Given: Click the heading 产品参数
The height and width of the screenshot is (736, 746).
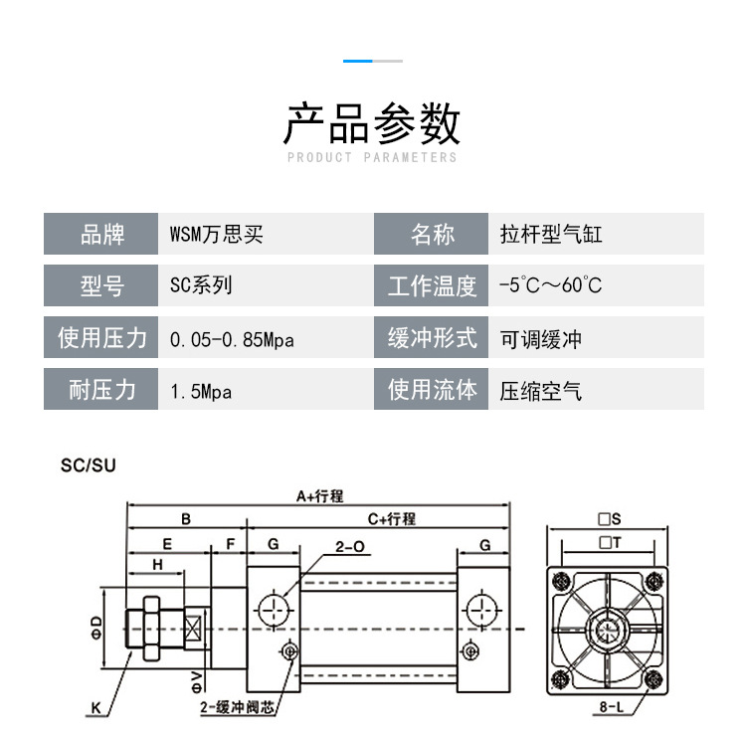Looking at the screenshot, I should tap(372, 124).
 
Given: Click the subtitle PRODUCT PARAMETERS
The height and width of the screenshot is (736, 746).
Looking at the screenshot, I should tap(372, 157).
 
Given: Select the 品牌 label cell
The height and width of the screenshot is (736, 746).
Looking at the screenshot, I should tap(101, 235).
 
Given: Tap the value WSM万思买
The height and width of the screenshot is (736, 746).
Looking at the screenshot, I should tap(217, 235).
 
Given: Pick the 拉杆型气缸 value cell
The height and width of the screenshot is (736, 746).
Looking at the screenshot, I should tap(551, 235).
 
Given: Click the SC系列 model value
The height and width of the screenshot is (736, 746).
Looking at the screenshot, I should tap(201, 285).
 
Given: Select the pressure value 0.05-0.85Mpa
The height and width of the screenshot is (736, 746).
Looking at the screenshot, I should tap(232, 339).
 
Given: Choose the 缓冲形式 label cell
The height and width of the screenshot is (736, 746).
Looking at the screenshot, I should tap(432, 338).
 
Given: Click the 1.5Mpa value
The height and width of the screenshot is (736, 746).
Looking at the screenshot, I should tap(201, 391).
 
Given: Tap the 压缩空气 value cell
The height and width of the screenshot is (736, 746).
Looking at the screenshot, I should tap(541, 391).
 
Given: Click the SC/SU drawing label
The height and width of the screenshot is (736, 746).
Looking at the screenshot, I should tap(89, 464).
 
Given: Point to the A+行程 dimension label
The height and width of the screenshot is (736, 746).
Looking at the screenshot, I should tap(319, 496).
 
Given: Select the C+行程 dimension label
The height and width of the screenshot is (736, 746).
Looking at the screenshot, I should tap(391, 518).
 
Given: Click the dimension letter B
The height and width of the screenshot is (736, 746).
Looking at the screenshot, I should tap(185, 518).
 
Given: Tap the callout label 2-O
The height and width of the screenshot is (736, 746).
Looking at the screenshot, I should tap(349, 546).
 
